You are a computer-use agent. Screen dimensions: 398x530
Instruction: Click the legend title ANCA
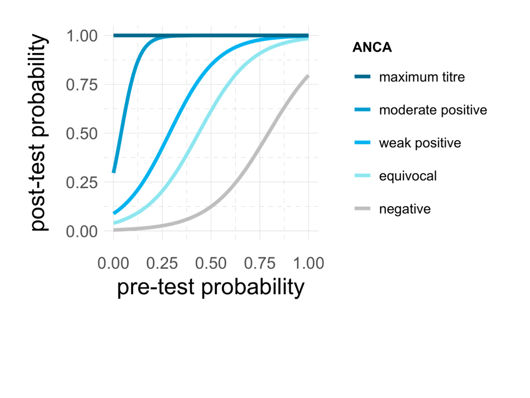372,47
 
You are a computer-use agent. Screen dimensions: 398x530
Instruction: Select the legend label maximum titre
422,77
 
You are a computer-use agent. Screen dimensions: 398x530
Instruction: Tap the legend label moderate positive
433,110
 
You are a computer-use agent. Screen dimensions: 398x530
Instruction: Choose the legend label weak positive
420,143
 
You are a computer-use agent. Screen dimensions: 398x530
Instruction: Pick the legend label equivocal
407,176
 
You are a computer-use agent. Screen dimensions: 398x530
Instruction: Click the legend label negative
405,209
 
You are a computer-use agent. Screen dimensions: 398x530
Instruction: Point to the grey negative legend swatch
362,209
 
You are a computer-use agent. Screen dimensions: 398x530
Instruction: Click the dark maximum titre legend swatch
362,77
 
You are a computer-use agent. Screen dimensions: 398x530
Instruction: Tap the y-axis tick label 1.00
82,36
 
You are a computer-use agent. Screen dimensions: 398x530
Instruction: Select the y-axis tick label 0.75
82,85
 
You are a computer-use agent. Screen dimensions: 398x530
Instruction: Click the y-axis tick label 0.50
82,134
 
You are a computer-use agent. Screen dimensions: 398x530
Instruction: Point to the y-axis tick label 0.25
82,183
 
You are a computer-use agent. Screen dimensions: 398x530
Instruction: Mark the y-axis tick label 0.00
82,231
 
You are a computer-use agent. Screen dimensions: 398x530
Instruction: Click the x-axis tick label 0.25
162,263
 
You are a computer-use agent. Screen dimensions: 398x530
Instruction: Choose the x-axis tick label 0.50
211,263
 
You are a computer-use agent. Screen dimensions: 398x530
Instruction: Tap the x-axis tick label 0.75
260,263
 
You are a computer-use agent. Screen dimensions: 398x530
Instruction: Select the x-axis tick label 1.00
308,263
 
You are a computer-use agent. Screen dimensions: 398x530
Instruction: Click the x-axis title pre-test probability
211,287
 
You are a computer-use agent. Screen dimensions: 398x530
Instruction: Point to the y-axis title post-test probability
38,133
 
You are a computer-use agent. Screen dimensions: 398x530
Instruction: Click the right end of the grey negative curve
308,76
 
